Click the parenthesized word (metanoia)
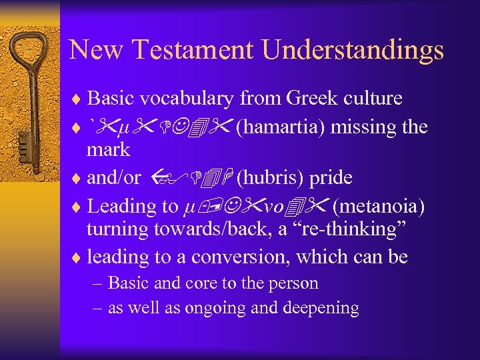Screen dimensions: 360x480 click(378, 206)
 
